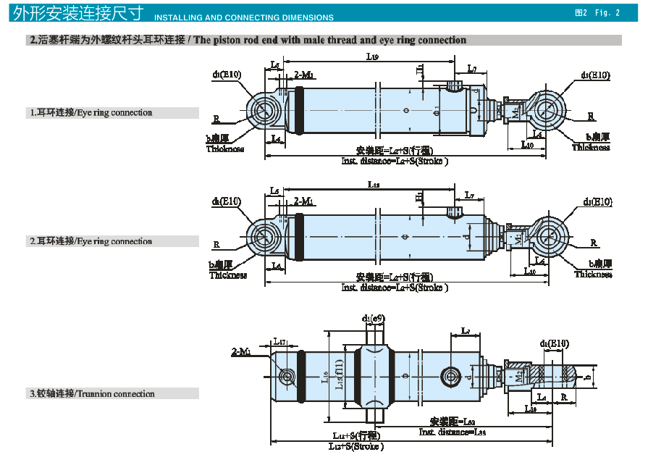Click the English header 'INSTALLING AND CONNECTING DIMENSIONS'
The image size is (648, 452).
click(x=245, y=17)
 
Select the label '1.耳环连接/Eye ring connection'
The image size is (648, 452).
click(x=91, y=113)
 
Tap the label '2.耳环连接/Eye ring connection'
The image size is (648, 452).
click(x=91, y=241)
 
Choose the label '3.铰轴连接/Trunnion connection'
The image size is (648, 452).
click(x=92, y=394)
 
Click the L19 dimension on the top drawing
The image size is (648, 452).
click(x=371, y=56)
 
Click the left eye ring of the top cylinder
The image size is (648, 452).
click(x=262, y=111)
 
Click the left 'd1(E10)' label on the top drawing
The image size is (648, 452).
click(x=227, y=75)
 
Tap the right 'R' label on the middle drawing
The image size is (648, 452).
click(x=594, y=243)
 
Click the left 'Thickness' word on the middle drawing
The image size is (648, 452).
click(x=228, y=275)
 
